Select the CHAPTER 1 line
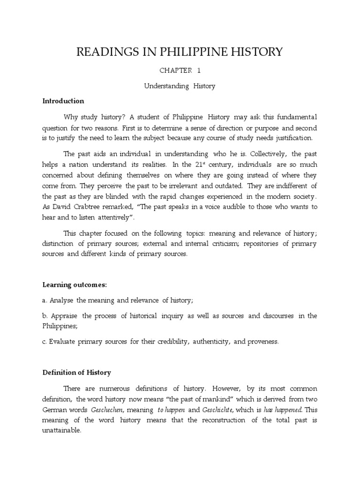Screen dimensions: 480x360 [180, 70]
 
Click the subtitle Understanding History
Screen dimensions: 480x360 [180, 86]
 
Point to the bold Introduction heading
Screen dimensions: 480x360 [63, 101]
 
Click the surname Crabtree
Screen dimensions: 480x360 [94, 207]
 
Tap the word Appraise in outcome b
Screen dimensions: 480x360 [64, 315]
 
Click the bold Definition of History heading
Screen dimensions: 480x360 [76, 373]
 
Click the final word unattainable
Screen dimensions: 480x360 [62, 430]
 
